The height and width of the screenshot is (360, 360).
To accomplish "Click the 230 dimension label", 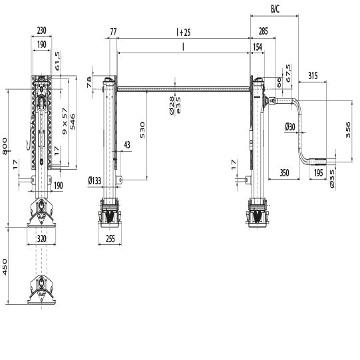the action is [42, 31].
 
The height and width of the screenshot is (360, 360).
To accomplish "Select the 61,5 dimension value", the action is [59, 61].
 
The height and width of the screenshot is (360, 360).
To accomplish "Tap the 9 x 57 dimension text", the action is [65, 121].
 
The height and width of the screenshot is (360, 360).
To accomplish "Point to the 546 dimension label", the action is [73, 121].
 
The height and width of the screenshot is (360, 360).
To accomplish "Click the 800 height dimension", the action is [5, 146].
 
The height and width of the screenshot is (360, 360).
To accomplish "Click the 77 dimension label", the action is [113, 31].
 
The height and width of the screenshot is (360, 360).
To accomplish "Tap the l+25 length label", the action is [183, 31].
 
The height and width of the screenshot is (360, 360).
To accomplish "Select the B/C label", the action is [275, 8].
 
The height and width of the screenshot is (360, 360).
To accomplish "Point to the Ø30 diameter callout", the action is [290, 126].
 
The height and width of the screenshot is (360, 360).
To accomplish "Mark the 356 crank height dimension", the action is [349, 130].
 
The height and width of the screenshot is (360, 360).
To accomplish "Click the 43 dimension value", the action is [126, 144].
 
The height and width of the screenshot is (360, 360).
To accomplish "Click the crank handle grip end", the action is [318, 162].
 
